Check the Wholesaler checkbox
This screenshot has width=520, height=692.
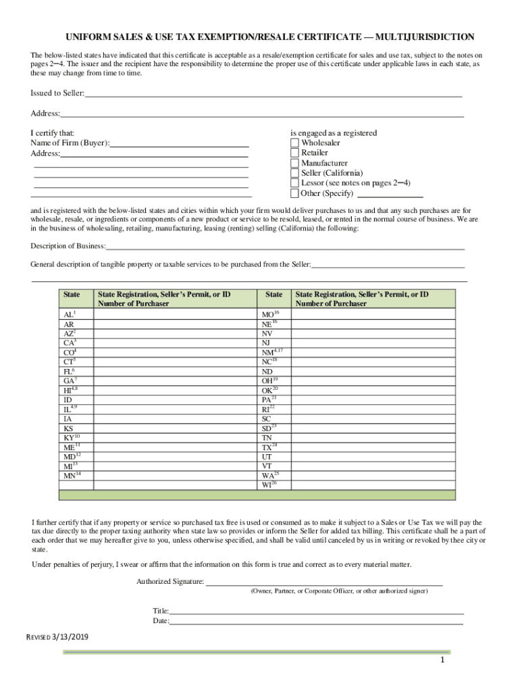coord(294,143)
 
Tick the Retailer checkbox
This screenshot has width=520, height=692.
coord(294,153)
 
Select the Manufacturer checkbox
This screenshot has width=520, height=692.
coord(294,164)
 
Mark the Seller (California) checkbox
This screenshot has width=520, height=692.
coord(294,174)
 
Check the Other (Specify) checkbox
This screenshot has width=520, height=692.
coord(294,194)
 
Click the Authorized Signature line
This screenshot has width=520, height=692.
coord(324,582)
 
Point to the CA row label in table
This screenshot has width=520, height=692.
coord(69,343)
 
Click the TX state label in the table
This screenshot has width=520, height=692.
coord(268,448)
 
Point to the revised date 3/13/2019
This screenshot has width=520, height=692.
coord(70,637)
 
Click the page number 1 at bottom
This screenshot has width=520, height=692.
coord(441,660)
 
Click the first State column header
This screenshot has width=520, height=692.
coord(72,295)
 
